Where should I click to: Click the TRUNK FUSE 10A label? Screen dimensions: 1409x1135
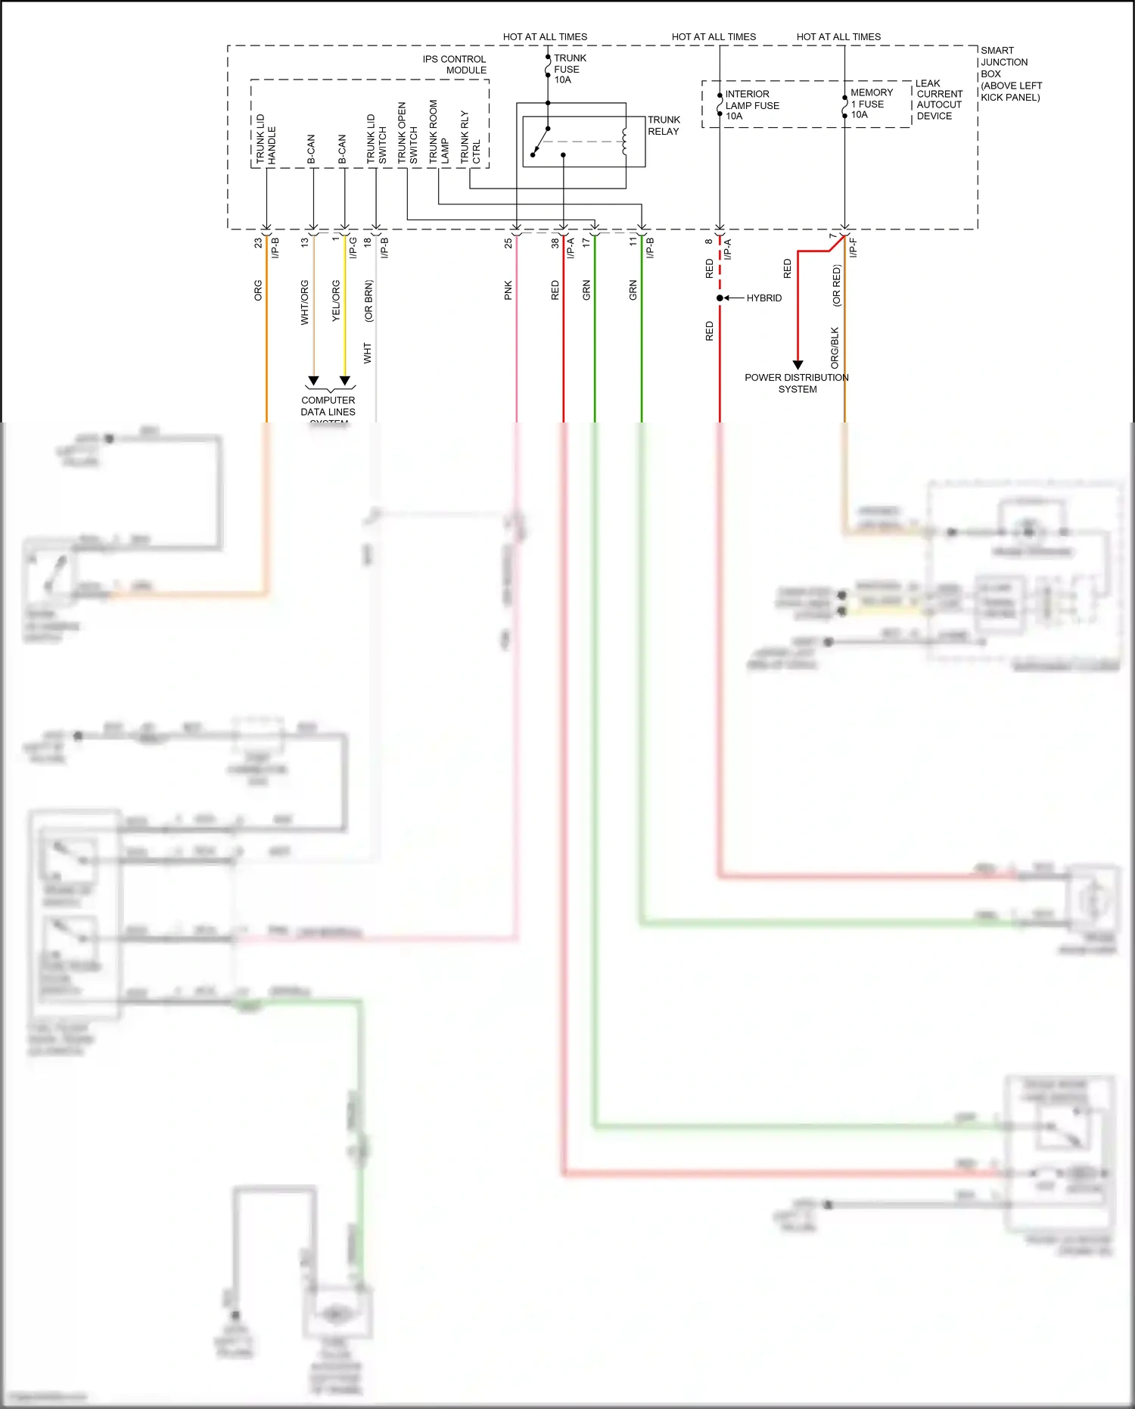(x=569, y=69)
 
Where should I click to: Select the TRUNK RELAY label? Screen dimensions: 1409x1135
(x=664, y=126)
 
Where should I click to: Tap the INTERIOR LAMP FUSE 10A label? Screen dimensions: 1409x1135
(x=751, y=105)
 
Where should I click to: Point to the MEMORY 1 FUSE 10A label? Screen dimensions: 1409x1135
(x=871, y=104)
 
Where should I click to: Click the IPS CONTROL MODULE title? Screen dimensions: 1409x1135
(x=455, y=64)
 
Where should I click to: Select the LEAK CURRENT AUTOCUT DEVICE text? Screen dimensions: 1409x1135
(x=938, y=100)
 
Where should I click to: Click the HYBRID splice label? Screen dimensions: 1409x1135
(x=763, y=298)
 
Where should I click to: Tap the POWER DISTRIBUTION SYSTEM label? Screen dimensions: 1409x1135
(x=797, y=383)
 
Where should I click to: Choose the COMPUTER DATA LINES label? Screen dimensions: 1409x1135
(x=328, y=407)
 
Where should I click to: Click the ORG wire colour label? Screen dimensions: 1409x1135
(x=258, y=291)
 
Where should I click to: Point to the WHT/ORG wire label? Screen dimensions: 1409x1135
(x=305, y=302)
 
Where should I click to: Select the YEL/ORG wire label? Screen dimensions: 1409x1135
(x=336, y=301)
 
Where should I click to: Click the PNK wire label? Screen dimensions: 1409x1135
(x=508, y=290)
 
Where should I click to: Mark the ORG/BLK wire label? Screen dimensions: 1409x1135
(x=835, y=348)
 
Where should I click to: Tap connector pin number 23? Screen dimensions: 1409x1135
(x=258, y=243)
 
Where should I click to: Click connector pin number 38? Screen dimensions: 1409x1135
(x=555, y=243)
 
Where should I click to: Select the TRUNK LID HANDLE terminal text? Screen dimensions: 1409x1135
(x=266, y=139)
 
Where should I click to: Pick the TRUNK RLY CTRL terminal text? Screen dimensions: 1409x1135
(x=470, y=137)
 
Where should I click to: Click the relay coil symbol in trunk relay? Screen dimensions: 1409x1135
(x=624, y=142)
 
